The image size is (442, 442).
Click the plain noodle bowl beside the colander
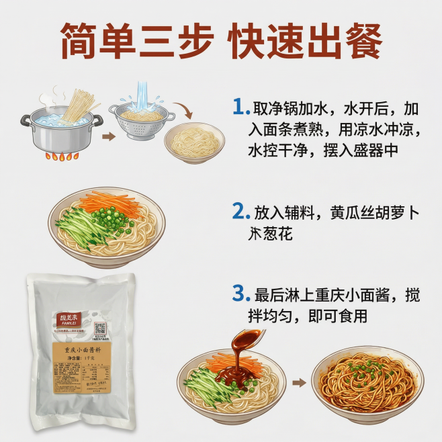pos(195,142)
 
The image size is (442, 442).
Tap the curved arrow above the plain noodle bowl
pos(183,109)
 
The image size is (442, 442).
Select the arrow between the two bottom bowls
pos(300,383)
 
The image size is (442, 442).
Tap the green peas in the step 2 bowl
pos(103,219)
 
